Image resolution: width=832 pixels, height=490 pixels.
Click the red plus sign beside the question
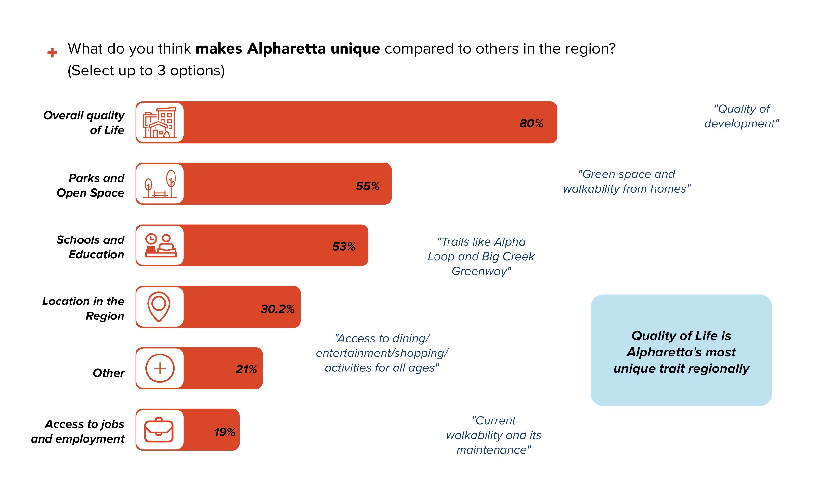52,53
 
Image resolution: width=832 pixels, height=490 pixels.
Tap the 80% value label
531,123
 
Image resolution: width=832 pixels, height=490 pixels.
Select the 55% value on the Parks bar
368,186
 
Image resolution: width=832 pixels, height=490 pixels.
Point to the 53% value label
344,247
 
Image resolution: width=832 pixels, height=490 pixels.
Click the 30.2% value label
277,309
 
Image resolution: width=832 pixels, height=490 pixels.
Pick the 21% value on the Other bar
246,369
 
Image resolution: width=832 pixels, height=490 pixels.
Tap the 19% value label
225,432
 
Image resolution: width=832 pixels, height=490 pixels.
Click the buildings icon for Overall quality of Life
160,122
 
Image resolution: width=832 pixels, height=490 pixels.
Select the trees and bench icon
160,184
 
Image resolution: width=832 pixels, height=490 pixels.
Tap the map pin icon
159,307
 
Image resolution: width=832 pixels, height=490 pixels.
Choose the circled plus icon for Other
160,368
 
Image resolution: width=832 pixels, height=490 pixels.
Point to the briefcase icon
159,430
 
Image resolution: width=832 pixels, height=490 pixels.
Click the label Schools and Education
90,247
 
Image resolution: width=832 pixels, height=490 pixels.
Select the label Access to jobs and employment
78,431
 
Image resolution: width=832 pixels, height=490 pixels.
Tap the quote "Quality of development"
741,116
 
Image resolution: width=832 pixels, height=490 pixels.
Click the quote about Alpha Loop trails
481,257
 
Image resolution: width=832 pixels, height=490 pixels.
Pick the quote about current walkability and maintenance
494,435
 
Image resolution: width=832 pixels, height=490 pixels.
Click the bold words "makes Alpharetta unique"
288,49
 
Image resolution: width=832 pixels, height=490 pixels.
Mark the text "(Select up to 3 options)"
146,71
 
